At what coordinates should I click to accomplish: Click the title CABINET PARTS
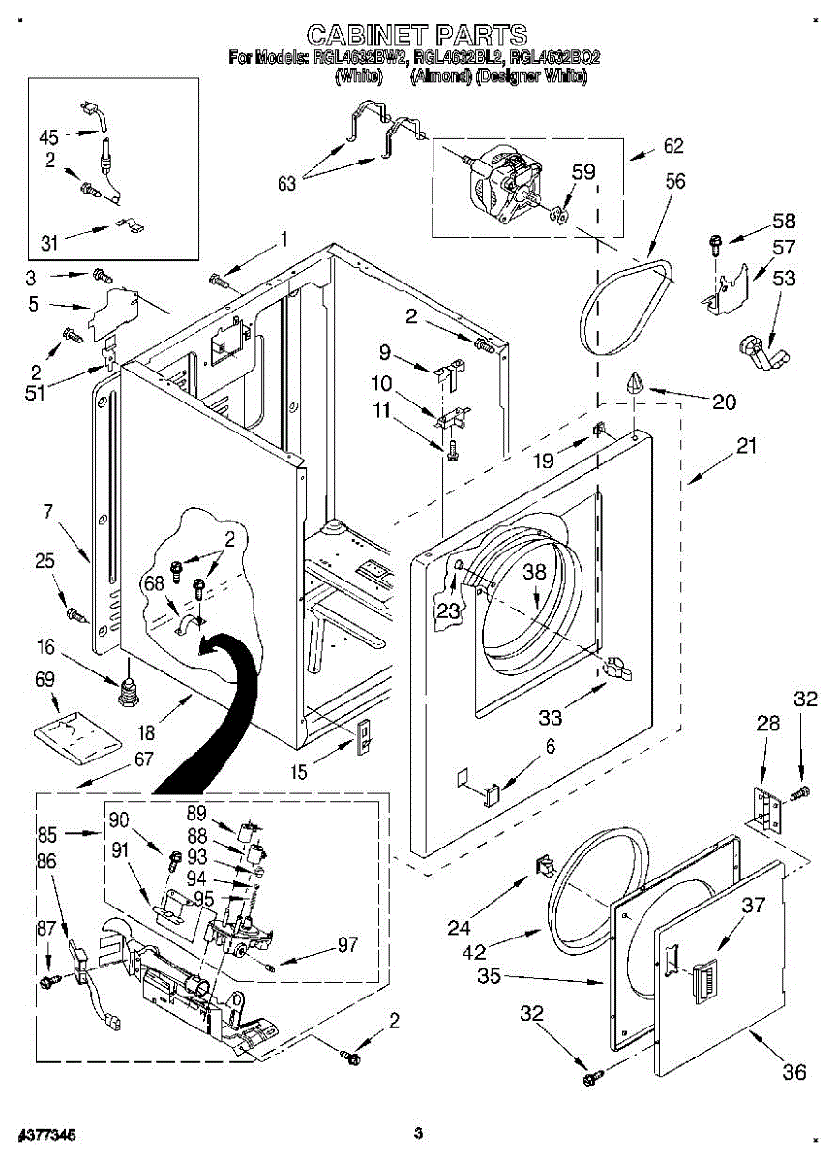pos(417,35)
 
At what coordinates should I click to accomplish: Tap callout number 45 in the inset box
pos(49,136)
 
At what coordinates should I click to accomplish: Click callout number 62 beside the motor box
pos(672,146)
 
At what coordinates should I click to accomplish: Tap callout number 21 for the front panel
pos(746,446)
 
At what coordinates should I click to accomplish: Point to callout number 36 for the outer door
pos(793,1071)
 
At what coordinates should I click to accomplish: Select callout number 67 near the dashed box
pos(143,759)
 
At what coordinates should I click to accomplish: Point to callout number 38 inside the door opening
pos(535,572)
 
